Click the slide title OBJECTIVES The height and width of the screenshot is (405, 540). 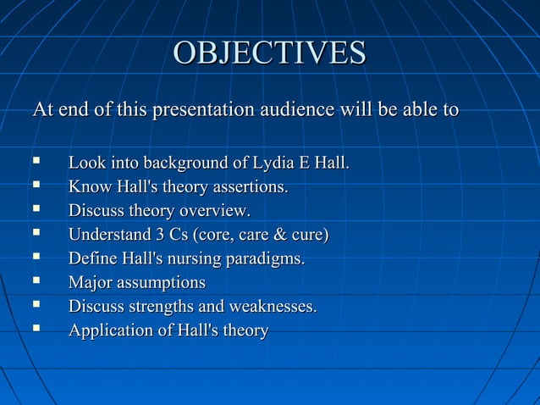point(269,53)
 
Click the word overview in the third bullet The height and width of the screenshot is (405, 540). point(219,210)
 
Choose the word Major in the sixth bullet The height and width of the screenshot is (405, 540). point(91,282)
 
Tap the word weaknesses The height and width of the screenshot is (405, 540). point(272,306)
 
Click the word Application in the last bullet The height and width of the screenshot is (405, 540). point(109,330)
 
